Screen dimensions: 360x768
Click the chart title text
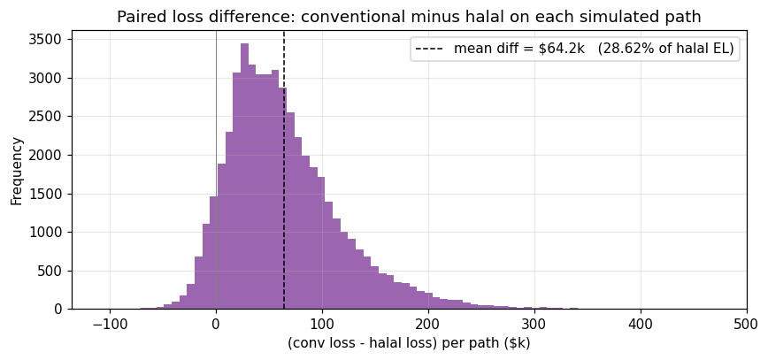pos(409,17)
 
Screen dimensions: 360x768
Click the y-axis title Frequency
pos(17,170)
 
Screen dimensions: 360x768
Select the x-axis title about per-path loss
pos(409,343)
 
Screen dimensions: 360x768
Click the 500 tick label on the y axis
pos(51,271)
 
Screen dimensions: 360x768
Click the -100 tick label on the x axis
pos(109,324)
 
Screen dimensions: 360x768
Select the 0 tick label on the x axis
pos(216,324)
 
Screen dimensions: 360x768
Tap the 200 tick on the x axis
pos(428,324)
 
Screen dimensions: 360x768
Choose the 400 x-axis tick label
pos(641,324)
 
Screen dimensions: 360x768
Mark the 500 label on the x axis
pos(746,324)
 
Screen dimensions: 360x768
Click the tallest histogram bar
pos(244,177)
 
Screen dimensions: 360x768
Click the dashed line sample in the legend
pos(432,49)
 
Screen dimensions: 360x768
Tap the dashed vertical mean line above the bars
pos(284,53)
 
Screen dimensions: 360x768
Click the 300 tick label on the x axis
pos(534,324)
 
